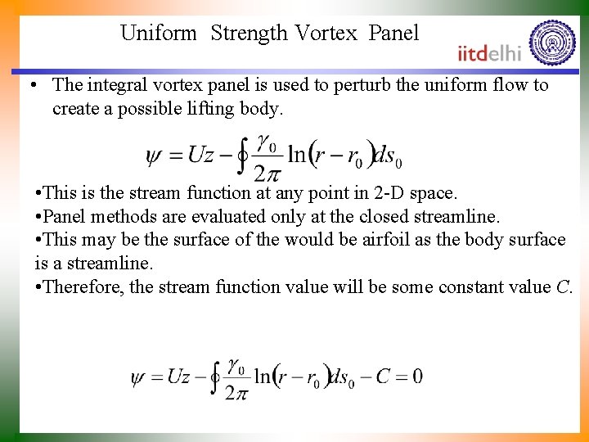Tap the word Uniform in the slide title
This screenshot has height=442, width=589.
click(159, 34)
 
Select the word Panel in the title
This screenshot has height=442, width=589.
click(393, 34)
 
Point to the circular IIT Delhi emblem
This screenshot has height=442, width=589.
click(552, 43)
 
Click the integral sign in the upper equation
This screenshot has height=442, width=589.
click(242, 156)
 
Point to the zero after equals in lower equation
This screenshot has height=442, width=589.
click(417, 377)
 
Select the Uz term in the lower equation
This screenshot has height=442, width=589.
click(179, 377)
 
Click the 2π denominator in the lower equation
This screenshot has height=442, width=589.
click(236, 394)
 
